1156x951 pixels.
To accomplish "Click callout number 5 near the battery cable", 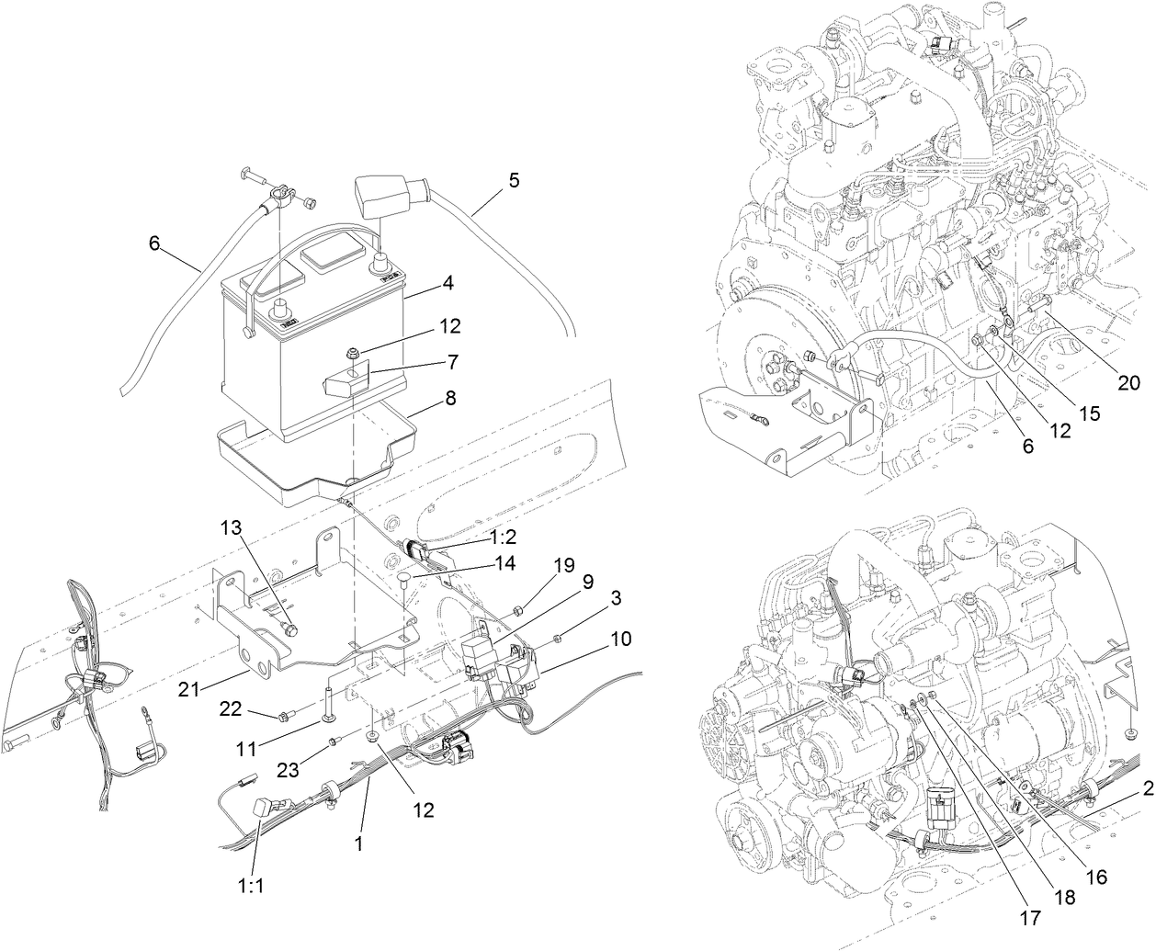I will pos(513,180).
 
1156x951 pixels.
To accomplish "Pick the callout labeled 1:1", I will pos(248,888).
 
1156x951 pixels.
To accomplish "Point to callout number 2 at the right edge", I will pos(1148,787).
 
